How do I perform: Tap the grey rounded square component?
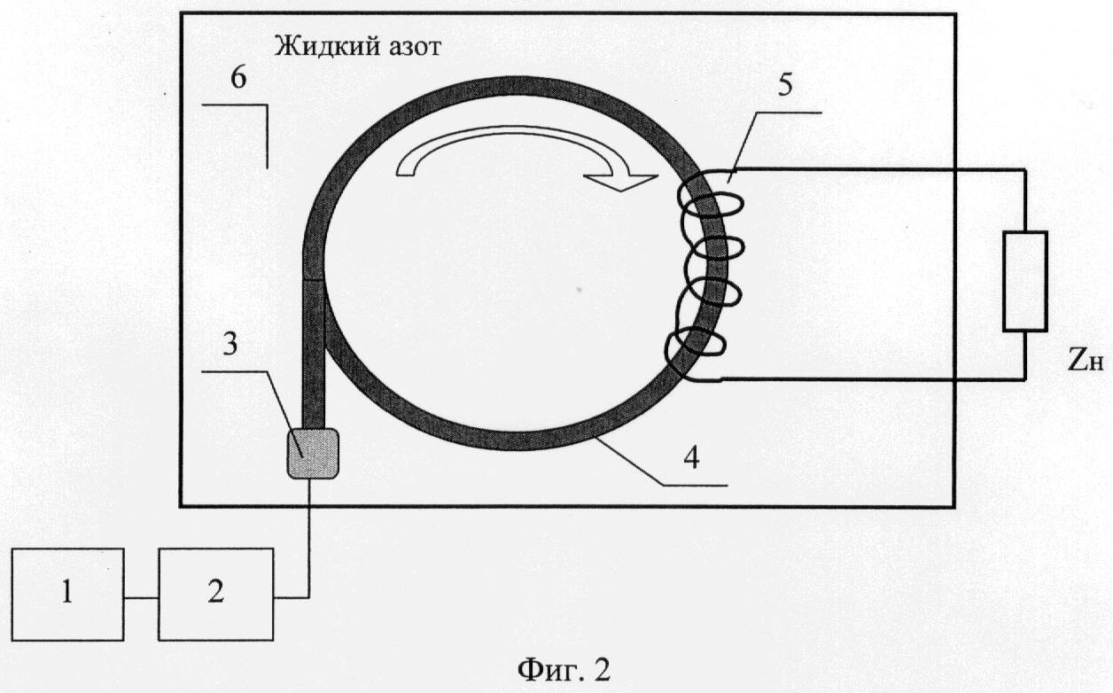coord(313,454)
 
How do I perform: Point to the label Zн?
coord(1086,362)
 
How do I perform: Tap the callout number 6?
coord(238,79)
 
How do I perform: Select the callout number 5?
coord(785,85)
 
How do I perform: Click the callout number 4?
coord(692,457)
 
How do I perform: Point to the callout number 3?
coord(230,344)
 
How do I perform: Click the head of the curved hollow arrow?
coord(621,182)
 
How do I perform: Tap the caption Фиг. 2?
coord(564,670)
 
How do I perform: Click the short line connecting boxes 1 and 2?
coord(141,597)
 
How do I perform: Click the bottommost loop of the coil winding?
coord(695,348)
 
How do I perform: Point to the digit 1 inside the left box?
coord(67,592)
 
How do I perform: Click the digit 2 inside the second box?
coord(215,592)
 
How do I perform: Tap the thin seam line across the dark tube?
coord(313,279)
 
